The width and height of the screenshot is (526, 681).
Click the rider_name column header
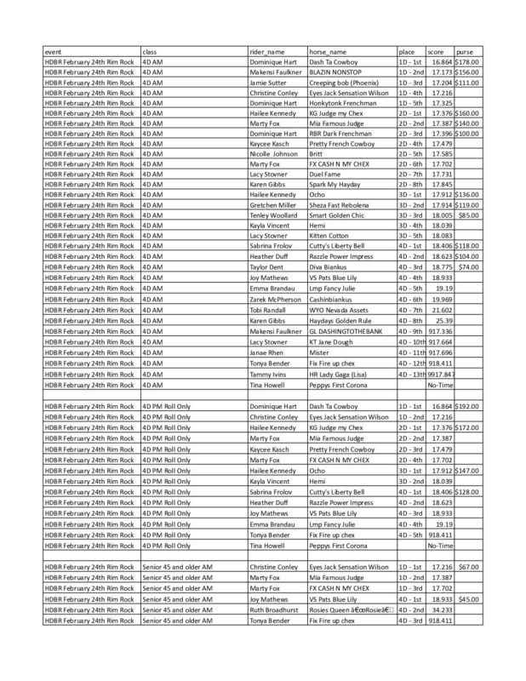tap(270, 52)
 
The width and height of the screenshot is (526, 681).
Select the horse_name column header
tap(329, 52)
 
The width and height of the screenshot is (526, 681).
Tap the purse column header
tap(465, 52)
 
